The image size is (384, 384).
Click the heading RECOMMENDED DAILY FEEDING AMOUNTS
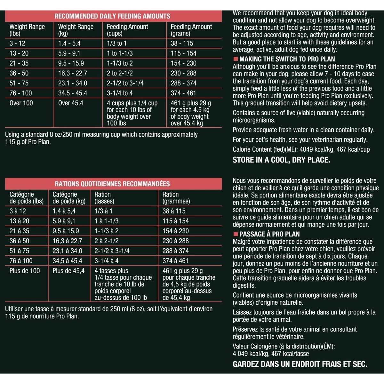(x=112, y=16)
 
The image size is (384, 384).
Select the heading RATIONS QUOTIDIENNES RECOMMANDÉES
(x=112, y=184)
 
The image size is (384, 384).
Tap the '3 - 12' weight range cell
(x=18, y=44)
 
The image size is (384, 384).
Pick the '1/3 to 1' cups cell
(x=116, y=44)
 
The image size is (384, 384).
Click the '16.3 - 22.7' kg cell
(x=73, y=73)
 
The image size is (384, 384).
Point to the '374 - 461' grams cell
(x=183, y=93)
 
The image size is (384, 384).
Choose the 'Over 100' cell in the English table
(x=21, y=103)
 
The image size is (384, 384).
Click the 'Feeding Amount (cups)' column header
(x=127, y=30)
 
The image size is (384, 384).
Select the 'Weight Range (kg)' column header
(x=76, y=30)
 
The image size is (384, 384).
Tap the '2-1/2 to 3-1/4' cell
(x=125, y=83)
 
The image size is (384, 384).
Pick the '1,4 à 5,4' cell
(x=64, y=211)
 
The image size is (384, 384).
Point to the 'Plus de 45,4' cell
(x=68, y=271)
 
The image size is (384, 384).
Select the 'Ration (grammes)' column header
(x=176, y=198)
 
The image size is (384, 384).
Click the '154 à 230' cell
(x=176, y=231)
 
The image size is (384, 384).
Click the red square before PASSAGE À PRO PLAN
(x=236, y=234)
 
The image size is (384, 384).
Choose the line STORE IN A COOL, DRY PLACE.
(x=281, y=160)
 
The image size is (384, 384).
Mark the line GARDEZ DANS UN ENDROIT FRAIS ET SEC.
(x=300, y=364)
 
